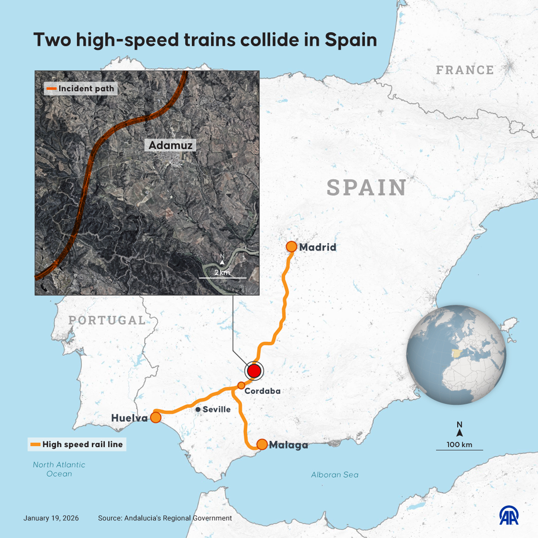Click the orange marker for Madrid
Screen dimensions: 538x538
tap(291, 247)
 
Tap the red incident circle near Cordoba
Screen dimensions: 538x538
tap(254, 371)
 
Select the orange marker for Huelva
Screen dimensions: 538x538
tap(156, 417)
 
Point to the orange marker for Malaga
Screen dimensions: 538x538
tap(262, 444)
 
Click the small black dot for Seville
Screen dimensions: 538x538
tap(198, 409)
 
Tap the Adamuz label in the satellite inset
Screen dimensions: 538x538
tap(171, 145)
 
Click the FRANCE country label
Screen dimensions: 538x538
tap(465, 70)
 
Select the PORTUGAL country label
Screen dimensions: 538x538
tap(107, 320)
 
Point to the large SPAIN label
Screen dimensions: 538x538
tap(367, 188)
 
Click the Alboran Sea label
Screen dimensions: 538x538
tap(335, 475)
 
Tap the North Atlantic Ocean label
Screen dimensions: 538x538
tap(59, 469)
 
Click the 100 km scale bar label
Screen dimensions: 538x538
tap(459, 444)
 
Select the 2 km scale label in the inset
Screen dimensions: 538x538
tap(222, 272)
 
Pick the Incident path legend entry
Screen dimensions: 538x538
tap(80, 88)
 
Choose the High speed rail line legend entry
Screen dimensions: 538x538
tap(77, 444)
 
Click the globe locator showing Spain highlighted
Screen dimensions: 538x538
tap(456, 354)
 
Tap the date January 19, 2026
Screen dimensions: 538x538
tap(51, 518)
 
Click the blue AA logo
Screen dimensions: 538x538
tap(509, 515)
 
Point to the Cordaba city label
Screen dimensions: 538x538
tap(262, 391)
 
